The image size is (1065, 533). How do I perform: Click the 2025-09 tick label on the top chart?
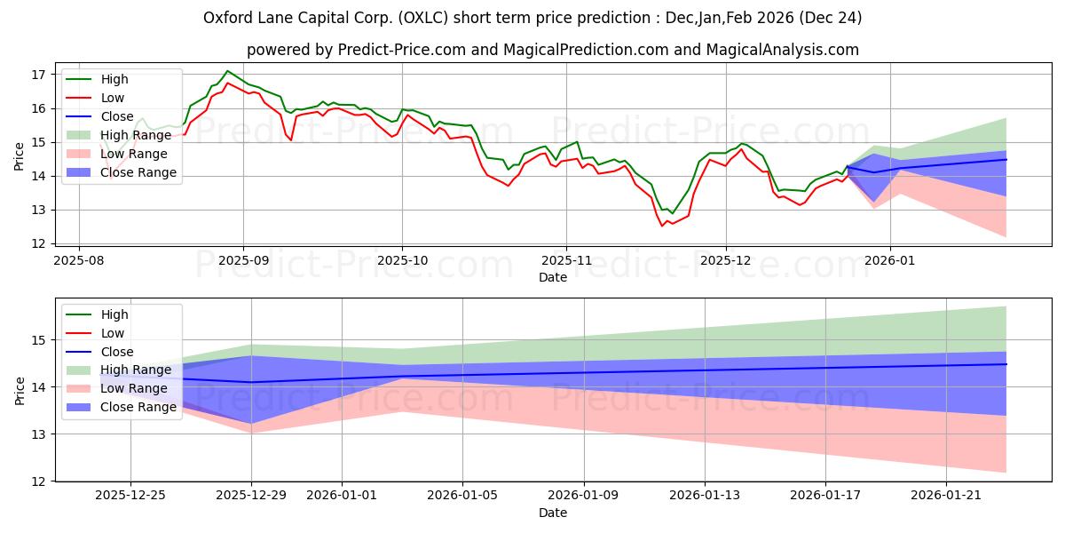click(x=243, y=260)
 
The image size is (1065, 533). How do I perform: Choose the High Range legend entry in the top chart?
click(x=138, y=135)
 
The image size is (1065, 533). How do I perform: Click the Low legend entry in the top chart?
click(x=113, y=98)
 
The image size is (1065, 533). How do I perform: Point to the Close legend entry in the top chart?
click(x=116, y=116)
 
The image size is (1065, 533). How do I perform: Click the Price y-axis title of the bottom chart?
click(x=20, y=390)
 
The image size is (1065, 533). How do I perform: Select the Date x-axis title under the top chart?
click(x=553, y=277)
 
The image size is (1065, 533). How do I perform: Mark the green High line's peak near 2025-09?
click(x=227, y=71)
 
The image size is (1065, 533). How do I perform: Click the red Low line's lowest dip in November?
click(x=661, y=226)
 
